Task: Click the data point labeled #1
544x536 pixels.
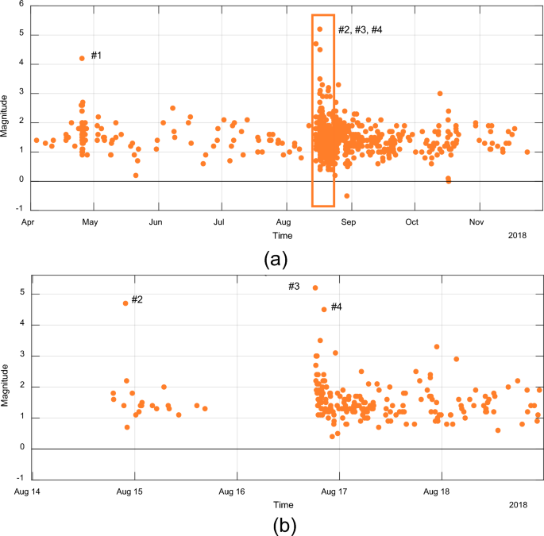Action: tap(82, 58)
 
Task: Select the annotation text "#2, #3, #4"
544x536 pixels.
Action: tap(360, 29)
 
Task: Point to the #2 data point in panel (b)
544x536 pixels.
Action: tap(125, 303)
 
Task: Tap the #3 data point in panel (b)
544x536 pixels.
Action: tap(315, 287)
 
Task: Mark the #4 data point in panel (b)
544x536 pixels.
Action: tap(323, 310)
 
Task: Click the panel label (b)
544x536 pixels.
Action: tap(284, 525)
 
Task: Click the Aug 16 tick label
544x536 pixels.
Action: tap(236, 492)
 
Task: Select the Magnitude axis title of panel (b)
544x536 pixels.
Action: tap(6, 386)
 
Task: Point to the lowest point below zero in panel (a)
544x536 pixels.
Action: tap(347, 195)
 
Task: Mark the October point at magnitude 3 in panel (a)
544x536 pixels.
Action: tap(439, 93)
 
